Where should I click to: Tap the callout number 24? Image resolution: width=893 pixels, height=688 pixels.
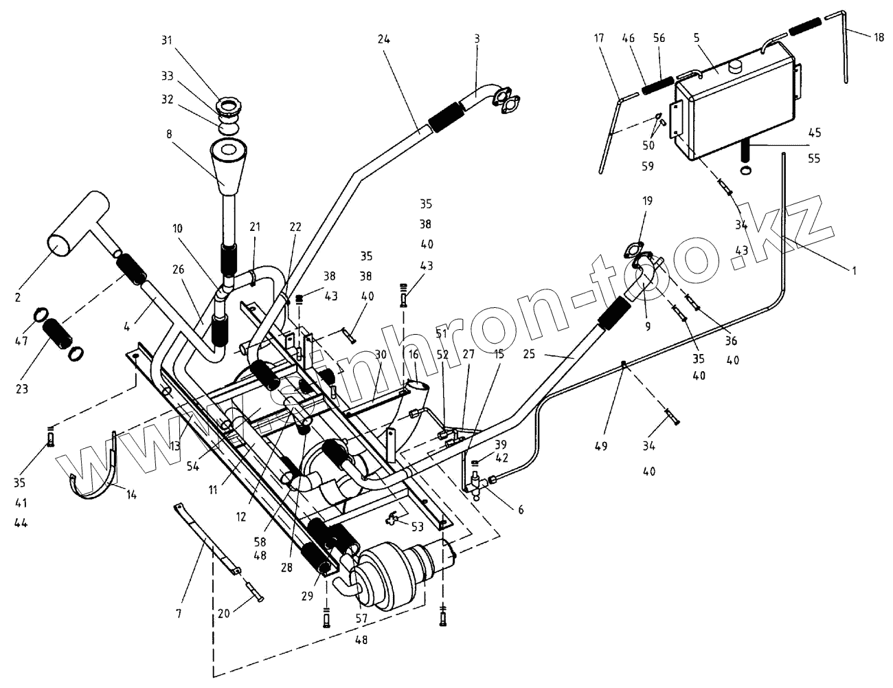(x=383, y=40)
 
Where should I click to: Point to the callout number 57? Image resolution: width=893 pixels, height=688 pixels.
(x=361, y=618)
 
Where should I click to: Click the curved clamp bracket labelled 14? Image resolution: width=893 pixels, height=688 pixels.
(x=96, y=481)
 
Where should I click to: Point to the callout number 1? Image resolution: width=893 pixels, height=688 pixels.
(x=854, y=271)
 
